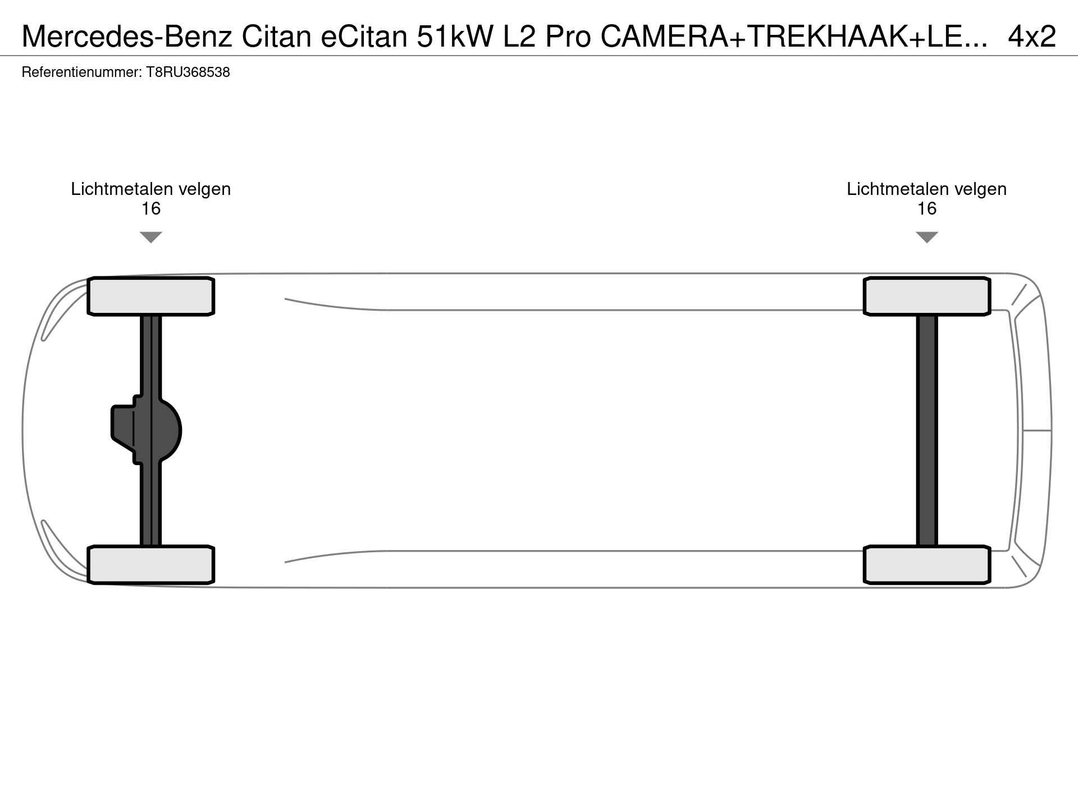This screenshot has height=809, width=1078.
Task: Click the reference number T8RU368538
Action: (x=188, y=72)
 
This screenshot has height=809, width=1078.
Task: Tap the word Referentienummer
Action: (x=81, y=72)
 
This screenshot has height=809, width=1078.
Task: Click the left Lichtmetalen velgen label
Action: (x=151, y=189)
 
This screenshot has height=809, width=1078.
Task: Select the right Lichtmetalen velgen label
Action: (x=927, y=189)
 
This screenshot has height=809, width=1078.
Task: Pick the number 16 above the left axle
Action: (x=151, y=209)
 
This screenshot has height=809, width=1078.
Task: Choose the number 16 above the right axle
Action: (x=927, y=209)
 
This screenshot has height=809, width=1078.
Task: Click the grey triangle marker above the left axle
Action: (x=151, y=237)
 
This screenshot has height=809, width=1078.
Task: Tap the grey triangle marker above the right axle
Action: (x=927, y=237)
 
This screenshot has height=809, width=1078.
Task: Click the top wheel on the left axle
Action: (x=151, y=296)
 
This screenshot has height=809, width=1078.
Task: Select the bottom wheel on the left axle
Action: (x=151, y=565)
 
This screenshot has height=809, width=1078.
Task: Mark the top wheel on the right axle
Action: (x=927, y=296)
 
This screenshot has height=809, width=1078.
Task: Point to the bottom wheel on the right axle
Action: (x=927, y=565)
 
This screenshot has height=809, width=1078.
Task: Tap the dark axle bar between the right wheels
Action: (x=927, y=430)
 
